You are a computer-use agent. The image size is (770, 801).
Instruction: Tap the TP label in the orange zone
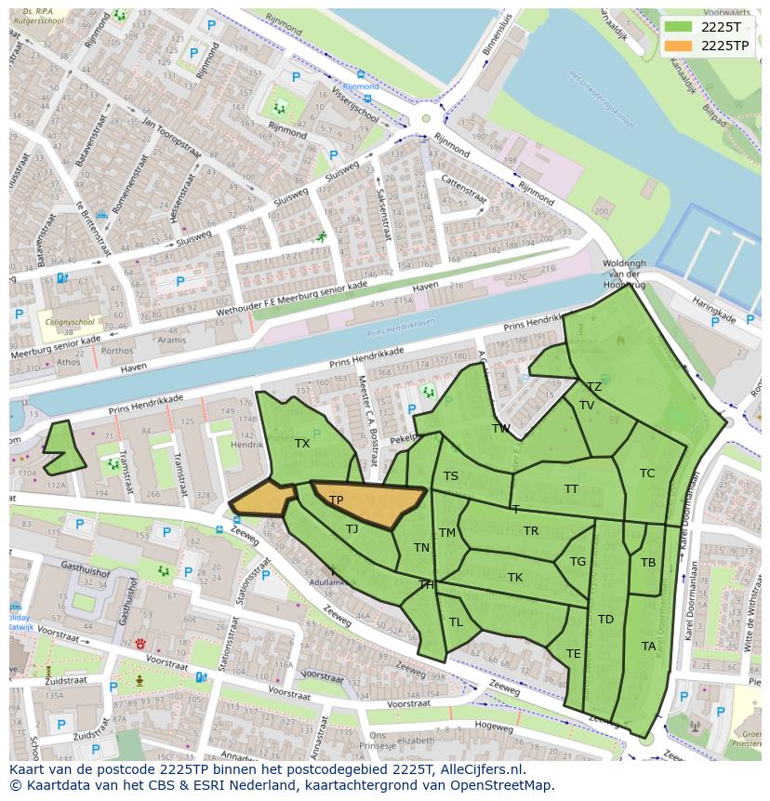(x=336, y=501)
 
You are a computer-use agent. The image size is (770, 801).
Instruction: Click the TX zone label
(x=302, y=444)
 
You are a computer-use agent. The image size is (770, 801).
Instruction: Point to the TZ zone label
(x=593, y=387)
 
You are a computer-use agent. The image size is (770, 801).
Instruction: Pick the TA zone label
(x=648, y=646)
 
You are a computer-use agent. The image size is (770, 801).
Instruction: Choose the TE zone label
(x=573, y=654)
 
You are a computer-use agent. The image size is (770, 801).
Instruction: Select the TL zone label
(x=456, y=622)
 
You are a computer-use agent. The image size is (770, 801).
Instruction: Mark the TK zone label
(x=514, y=578)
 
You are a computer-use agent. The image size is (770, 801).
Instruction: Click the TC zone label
(x=647, y=474)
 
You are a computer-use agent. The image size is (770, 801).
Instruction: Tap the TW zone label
(x=501, y=429)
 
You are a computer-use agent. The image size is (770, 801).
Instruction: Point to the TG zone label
(x=577, y=562)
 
